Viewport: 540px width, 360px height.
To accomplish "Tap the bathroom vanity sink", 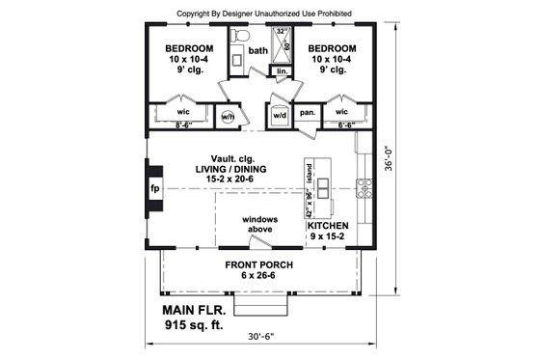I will pyautogui.click(x=237, y=59).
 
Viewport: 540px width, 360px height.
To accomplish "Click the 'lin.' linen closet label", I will pyautogui.click(x=283, y=71).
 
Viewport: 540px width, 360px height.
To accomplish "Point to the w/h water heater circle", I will pyautogui.click(x=229, y=116).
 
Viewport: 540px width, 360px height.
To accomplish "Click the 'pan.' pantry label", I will pyautogui.click(x=307, y=113).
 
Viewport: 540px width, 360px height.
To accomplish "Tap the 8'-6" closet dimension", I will pyautogui.click(x=185, y=125).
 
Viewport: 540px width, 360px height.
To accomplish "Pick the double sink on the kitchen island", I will pyautogui.click(x=323, y=186).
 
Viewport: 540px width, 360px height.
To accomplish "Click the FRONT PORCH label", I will pyautogui.click(x=259, y=265).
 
